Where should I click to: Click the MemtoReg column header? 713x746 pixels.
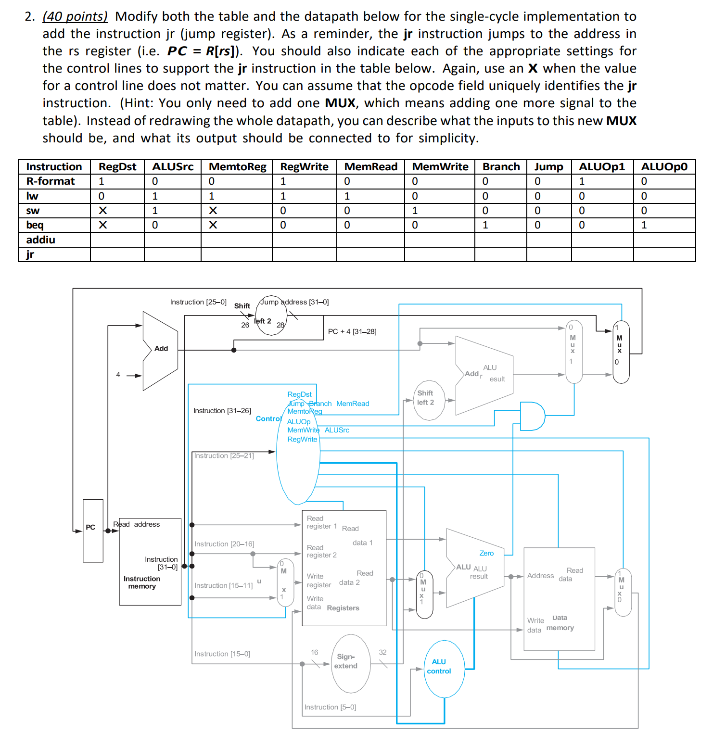click(237, 167)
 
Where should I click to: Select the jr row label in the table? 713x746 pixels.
click(30, 254)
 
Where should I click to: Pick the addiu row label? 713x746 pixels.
click(41, 240)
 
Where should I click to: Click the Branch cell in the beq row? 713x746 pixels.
click(485, 225)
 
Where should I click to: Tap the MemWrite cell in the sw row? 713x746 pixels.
click(415, 211)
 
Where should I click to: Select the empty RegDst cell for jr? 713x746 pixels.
click(117, 254)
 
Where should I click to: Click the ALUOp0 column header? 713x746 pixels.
click(664, 167)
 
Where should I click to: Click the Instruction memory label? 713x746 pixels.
click(142, 582)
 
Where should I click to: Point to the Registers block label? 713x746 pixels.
click(343, 608)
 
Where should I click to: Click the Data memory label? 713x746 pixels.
click(560, 623)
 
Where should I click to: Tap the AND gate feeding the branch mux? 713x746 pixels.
click(531, 416)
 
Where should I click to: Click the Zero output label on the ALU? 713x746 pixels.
click(486, 553)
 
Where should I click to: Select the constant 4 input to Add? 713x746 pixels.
click(118, 375)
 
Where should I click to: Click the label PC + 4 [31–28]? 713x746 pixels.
click(352, 331)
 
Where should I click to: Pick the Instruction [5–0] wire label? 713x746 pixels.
click(330, 707)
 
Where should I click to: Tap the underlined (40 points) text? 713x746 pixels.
click(75, 17)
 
